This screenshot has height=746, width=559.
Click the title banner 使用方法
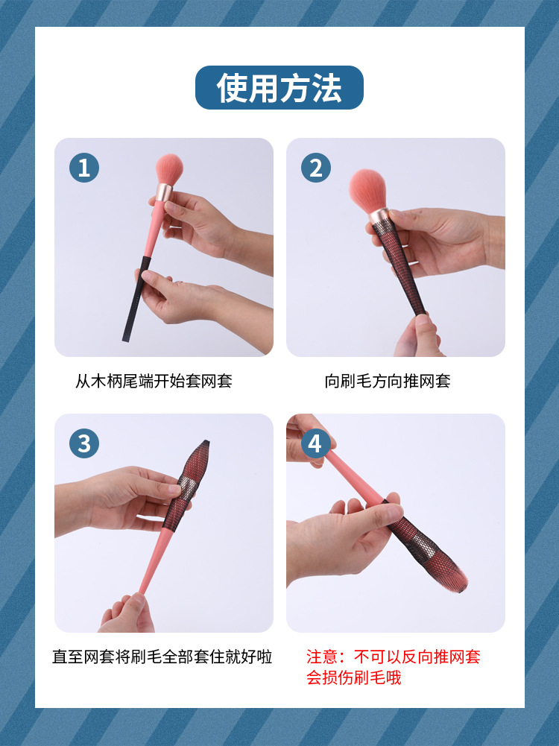point(279,88)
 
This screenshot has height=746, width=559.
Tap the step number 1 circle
point(83,168)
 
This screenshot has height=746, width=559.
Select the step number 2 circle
point(316,168)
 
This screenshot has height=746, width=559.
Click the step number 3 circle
point(83,443)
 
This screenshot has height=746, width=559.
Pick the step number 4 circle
point(316,443)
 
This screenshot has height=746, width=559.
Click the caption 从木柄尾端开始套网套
point(154,382)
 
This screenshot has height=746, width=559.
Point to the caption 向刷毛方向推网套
point(388,382)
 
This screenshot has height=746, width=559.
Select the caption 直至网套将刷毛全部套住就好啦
point(162,657)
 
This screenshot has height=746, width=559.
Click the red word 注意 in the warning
point(322,657)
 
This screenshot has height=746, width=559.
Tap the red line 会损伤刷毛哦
point(353,678)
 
